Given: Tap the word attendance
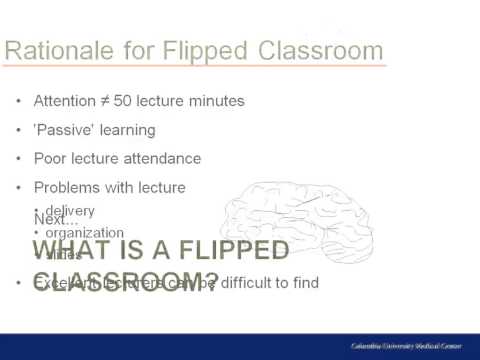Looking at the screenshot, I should pos(164,158).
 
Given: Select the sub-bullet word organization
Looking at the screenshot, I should pos(85,233).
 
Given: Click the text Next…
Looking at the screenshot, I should pos(56,219).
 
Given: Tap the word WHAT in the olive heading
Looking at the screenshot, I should pos(71,250).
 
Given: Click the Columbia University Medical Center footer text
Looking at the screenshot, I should pos(406,345).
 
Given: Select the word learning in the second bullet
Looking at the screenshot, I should pos(127,130).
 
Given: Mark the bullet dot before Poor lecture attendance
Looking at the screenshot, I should pos(19,159).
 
